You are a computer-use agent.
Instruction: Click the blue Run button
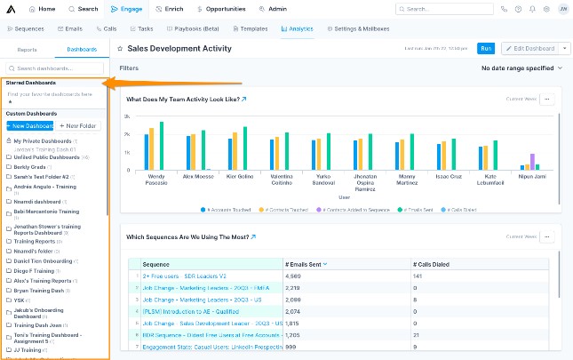(x=486, y=48)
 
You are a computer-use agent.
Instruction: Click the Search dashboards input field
(x=55, y=68)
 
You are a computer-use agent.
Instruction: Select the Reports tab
(x=28, y=50)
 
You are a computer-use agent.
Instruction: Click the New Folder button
(x=79, y=126)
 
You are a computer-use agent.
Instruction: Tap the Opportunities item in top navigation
(x=223, y=9)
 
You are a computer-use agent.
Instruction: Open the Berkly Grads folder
(x=31, y=166)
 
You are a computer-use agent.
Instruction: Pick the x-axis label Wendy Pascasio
(x=155, y=180)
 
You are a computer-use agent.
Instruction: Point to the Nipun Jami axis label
(x=531, y=177)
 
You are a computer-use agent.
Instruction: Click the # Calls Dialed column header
(x=433, y=264)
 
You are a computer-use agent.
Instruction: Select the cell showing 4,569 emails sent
(x=294, y=276)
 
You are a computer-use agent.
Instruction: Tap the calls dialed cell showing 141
(x=418, y=276)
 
